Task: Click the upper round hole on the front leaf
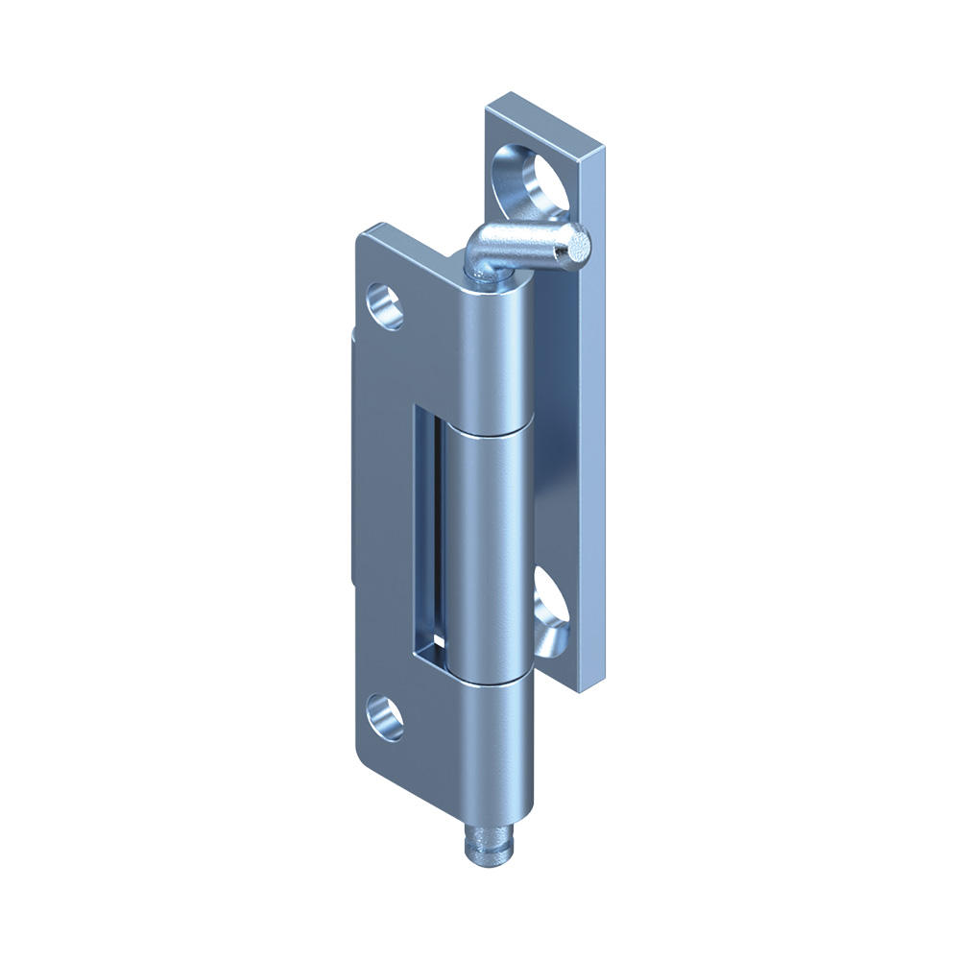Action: pyautogui.click(x=386, y=306)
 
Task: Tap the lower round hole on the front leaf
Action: pyautogui.click(x=386, y=716)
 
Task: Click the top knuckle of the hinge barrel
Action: pyautogui.click(x=493, y=355)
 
